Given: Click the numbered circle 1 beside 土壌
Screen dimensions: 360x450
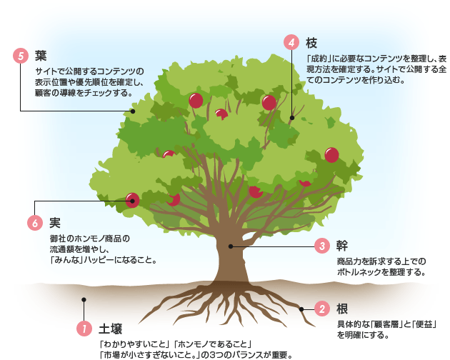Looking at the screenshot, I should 84,329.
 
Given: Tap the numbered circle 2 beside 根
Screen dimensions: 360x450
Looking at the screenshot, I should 322,309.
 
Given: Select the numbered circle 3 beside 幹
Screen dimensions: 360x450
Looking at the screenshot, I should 322,246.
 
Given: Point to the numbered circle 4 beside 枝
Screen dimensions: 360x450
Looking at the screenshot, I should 292,42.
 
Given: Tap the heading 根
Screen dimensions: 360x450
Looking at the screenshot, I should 342,309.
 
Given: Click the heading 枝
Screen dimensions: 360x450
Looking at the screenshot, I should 312,42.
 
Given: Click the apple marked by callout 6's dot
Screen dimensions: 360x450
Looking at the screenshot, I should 133,201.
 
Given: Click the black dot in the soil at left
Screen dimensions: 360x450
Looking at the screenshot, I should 84,300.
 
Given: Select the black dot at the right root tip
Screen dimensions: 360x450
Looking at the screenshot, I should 302,309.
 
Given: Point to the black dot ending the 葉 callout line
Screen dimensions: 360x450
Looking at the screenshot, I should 132,111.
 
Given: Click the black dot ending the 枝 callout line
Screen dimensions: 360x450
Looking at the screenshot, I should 292,118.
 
